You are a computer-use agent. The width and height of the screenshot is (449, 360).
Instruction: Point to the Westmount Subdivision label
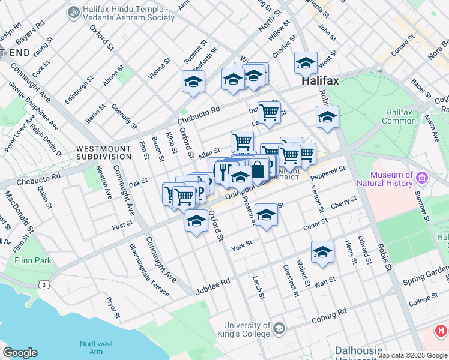pyautogui.click(x=104, y=152)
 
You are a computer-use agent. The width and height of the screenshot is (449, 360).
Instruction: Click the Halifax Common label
pyautogui.click(x=400, y=116)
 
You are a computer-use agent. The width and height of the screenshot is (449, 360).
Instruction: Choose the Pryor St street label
pyautogui.click(x=113, y=306)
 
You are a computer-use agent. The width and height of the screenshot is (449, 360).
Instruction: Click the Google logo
pyautogui.click(x=20, y=353)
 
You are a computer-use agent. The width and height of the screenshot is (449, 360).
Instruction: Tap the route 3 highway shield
pyautogui.click(x=46, y=285)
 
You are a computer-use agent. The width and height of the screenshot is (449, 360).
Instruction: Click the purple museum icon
pyautogui.click(x=422, y=178)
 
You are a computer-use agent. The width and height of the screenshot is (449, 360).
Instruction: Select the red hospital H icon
pyautogui.click(x=441, y=330)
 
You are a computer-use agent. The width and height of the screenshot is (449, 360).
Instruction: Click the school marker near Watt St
pyautogui.click(x=322, y=252)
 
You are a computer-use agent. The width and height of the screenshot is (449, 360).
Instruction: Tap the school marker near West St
pyautogui.click(x=306, y=63)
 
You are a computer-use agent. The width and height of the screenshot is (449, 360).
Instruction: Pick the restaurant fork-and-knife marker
pyautogui.click(x=223, y=172)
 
